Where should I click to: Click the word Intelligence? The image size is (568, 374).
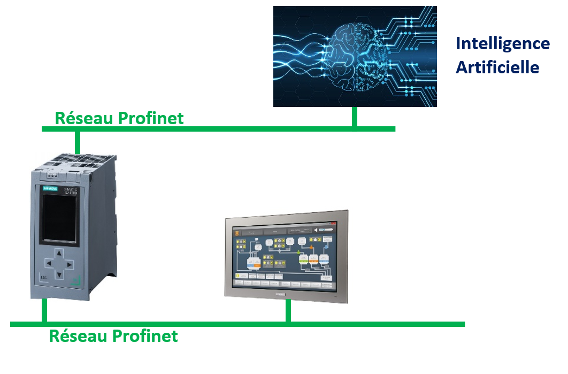(502, 43)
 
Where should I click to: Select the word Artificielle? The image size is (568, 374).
(497, 67)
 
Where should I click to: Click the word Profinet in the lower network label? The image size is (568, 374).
(145, 336)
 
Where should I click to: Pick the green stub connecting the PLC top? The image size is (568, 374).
(78, 141)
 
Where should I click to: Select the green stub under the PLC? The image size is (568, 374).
(44, 310)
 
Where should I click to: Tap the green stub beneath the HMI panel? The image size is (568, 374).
(288, 310)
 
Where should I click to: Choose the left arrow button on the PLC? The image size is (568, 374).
(48, 264)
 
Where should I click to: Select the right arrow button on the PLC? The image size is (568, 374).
(71, 264)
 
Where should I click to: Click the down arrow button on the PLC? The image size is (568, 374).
(60, 275)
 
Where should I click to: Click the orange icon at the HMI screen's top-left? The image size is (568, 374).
(237, 232)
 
